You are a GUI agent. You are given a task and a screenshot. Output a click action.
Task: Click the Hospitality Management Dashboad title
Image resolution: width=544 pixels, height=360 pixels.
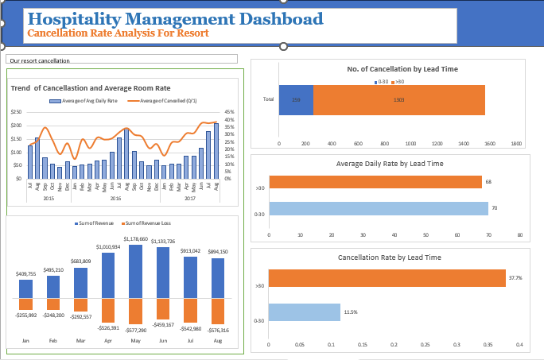coord(175,19)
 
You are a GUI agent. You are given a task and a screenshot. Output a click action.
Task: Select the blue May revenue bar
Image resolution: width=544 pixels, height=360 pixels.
coord(135,271)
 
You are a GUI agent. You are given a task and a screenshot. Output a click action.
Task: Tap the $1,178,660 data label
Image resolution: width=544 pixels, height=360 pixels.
coord(135,238)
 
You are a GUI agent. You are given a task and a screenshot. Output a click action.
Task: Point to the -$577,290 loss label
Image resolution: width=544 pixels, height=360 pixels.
coord(135,330)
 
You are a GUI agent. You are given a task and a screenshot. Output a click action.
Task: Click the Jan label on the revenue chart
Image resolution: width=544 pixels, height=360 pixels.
coord(25,340)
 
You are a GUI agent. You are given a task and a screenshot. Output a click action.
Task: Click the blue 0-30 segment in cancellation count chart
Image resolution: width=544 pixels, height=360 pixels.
coord(296,99)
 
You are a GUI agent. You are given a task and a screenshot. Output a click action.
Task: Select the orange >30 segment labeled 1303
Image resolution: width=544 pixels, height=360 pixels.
coord(399,99)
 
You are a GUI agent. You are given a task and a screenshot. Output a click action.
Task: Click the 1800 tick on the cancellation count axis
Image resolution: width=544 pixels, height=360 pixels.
coord(516,144)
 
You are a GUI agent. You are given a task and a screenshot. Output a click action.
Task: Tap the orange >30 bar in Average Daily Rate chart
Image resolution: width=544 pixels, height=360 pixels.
coord(375,182)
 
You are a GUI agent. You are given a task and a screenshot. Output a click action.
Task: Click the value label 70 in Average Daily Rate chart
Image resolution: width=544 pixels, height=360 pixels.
coord(494,208)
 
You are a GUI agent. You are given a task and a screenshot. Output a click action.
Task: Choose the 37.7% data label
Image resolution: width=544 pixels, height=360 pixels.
coord(515,278)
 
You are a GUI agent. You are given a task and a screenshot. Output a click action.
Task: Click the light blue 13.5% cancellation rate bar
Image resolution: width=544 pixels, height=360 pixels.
coord(304,312)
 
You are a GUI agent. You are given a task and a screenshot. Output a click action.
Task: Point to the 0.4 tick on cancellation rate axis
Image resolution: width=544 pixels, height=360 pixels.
coord(519,345)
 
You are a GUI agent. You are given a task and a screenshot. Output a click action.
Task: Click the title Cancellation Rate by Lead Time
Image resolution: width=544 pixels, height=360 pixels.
coord(389,257)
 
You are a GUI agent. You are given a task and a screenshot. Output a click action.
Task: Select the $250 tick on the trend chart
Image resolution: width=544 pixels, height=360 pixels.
coord(16,112)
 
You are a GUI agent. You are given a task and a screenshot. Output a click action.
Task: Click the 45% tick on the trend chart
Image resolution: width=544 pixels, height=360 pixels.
coord(229,112)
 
